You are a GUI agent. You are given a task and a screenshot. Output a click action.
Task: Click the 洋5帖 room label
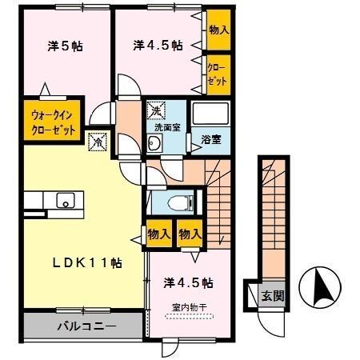click(66, 46)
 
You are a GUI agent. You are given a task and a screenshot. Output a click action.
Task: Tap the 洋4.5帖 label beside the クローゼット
click(158, 46)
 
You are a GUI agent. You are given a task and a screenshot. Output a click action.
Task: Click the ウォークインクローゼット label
click(54, 122)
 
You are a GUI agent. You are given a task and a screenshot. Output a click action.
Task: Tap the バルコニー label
click(86, 326)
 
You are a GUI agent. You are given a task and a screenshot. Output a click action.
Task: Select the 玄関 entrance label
click(272, 295)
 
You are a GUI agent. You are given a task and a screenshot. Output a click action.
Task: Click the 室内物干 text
click(187, 306)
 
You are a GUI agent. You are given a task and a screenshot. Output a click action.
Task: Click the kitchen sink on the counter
click(64, 200)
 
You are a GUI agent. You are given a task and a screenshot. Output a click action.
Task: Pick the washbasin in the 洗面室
click(156, 144)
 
